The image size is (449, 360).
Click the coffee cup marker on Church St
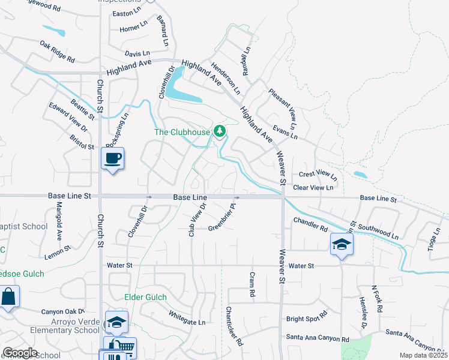pyautogui.click(x=112, y=158)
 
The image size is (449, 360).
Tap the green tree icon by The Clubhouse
pyautogui.click(x=220, y=130)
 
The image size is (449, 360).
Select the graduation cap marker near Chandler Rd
pyautogui.click(x=341, y=244)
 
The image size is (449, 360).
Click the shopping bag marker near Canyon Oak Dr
pyautogui.click(x=8, y=296)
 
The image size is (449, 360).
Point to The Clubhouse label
pyautogui.click(x=182, y=132)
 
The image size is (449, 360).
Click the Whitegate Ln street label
pyautogui.click(x=187, y=317)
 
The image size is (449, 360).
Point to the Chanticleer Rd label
pyautogui.click(x=234, y=326)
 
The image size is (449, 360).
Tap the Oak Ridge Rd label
pyautogui.click(x=57, y=52)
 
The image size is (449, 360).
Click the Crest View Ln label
pyautogui.click(x=318, y=175)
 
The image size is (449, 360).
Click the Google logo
pyautogui.click(x=20, y=353)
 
